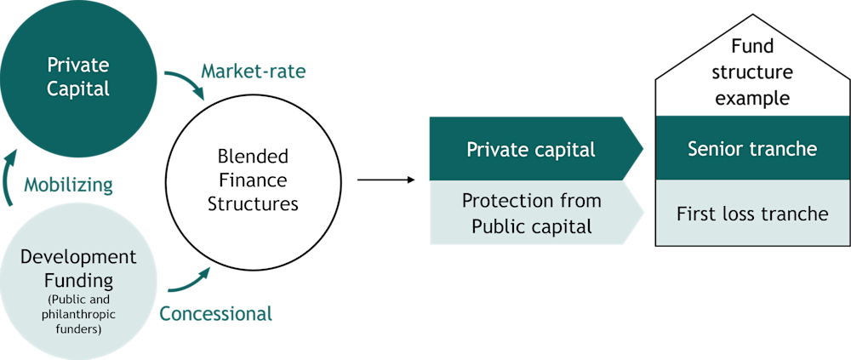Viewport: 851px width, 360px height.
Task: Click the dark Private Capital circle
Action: click(78, 77)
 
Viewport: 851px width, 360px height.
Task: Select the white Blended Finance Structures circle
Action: click(253, 180)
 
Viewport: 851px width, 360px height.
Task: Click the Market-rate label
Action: click(253, 71)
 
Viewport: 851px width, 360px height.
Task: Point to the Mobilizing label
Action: click(69, 185)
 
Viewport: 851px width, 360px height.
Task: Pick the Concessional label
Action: click(216, 313)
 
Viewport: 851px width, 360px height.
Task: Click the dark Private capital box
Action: click(532, 150)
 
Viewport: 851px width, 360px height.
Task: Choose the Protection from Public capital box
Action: click(532, 213)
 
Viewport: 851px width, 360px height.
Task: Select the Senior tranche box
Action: click(752, 148)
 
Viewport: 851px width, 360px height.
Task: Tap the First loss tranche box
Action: click(752, 213)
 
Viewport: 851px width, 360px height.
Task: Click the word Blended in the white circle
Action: click(253, 157)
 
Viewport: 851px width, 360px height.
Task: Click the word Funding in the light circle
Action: click(77, 278)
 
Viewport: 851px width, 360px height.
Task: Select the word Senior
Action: click(714, 148)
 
